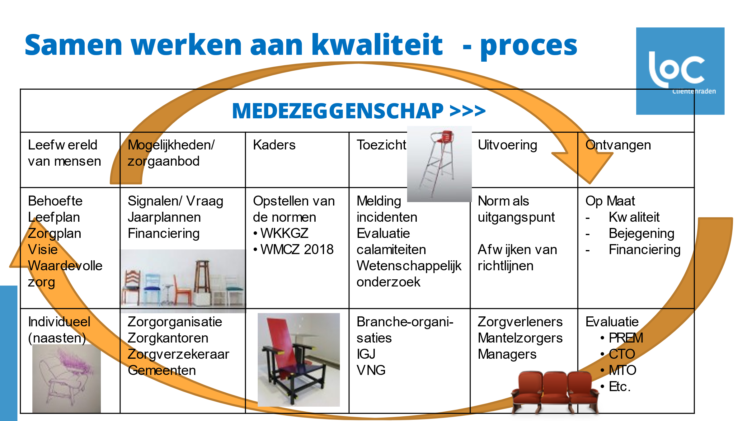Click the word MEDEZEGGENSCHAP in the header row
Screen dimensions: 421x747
(338, 111)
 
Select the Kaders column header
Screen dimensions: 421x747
(274, 145)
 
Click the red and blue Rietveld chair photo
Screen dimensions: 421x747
(298, 360)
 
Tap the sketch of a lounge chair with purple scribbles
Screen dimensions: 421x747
(66, 378)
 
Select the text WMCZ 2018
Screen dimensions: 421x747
(297, 249)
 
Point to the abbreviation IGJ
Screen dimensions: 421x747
(366, 354)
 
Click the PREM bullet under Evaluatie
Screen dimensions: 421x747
(626, 338)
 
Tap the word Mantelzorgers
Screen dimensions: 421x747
(520, 338)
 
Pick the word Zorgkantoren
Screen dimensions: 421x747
(168, 338)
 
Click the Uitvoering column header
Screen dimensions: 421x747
(507, 145)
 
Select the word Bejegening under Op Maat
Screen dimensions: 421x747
(641, 234)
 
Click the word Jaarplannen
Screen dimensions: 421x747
(164, 217)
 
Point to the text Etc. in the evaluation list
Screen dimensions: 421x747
(619, 387)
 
